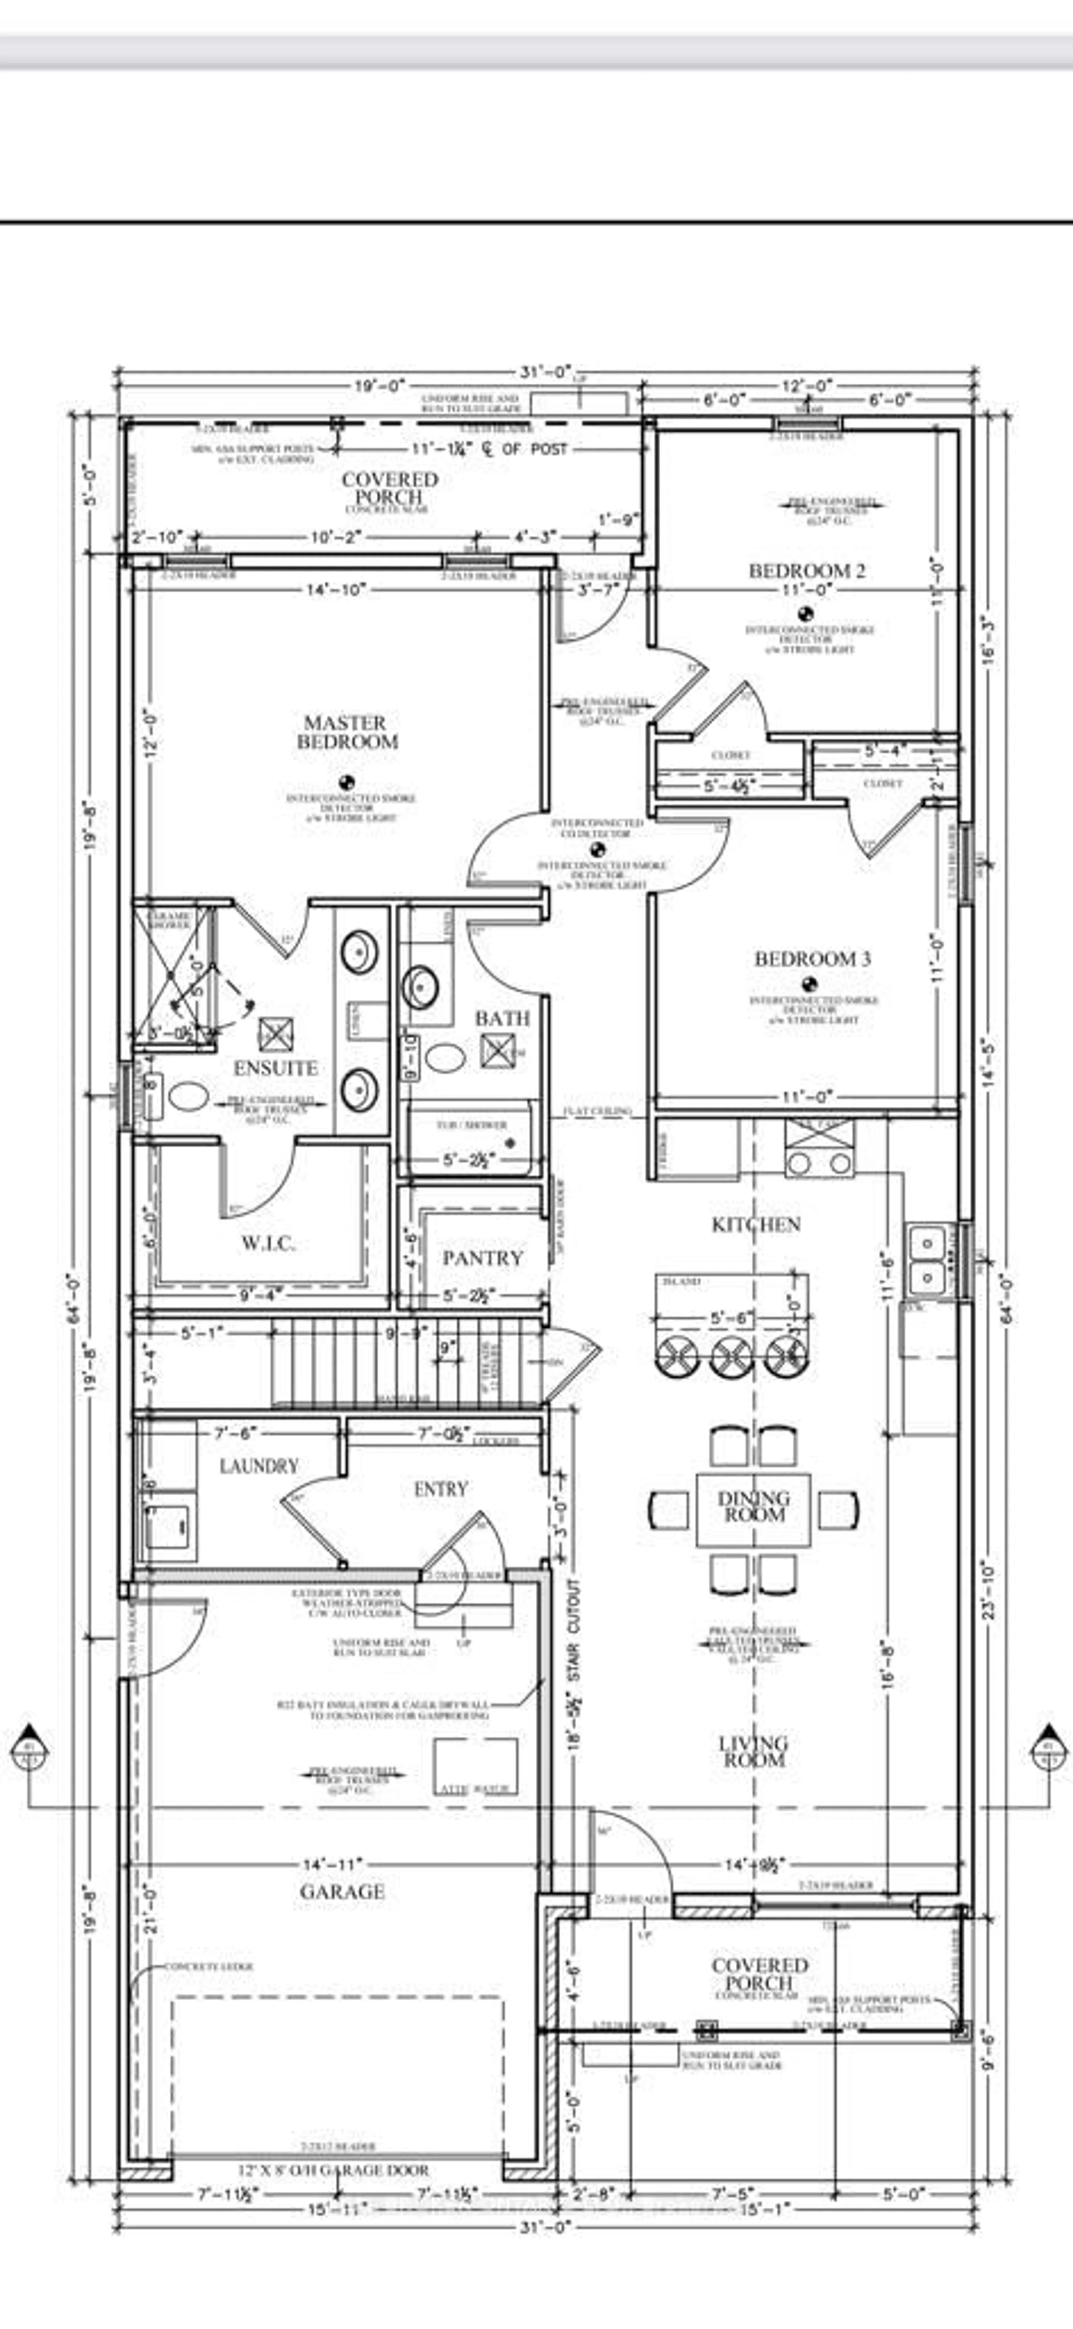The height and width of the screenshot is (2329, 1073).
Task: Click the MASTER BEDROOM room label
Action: click(x=347, y=732)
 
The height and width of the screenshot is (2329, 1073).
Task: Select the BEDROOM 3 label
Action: click(x=812, y=958)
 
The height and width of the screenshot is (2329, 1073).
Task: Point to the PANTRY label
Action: click(x=483, y=1258)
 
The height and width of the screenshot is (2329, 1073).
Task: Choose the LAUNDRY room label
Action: click(x=258, y=1465)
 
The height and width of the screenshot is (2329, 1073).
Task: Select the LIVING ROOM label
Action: click(x=753, y=1751)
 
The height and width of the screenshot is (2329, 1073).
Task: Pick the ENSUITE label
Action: click(x=276, y=1068)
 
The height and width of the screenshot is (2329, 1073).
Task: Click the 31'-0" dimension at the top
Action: click(x=546, y=372)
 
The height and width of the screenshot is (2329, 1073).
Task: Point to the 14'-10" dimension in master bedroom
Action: click(x=336, y=590)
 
